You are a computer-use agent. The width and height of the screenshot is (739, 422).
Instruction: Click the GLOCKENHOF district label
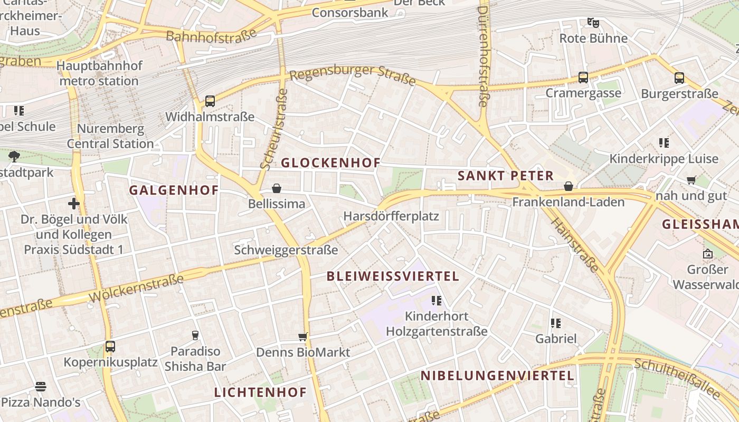[x=330, y=162]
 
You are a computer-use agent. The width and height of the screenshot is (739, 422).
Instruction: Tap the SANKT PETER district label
[x=506, y=176]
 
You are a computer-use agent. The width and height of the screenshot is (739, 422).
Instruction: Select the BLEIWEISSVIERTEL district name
[x=393, y=276]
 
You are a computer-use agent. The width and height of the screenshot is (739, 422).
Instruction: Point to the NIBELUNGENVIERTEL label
[x=497, y=376]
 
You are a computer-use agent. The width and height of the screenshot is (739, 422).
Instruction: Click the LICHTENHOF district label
[x=260, y=392]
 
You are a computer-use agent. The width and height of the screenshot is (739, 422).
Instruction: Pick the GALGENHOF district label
[x=174, y=190]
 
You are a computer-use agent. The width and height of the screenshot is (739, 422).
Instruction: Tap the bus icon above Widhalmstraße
[x=210, y=101]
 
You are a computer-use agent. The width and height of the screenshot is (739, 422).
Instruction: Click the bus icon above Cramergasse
[x=583, y=78]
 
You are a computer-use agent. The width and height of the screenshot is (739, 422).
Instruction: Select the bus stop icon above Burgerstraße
[x=679, y=78]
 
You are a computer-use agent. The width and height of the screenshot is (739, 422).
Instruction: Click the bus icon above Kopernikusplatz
[x=110, y=347]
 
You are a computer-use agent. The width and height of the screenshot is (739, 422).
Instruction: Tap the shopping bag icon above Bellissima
[x=276, y=188]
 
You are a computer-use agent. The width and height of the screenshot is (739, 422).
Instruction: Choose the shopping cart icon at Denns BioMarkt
[x=303, y=337]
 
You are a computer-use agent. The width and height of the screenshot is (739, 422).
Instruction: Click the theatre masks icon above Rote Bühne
[x=593, y=23]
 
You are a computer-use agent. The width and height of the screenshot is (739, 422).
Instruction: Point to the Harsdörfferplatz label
[x=391, y=216]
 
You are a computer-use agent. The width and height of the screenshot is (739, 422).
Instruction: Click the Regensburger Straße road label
[x=353, y=74]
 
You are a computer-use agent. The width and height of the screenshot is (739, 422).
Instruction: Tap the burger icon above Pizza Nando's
[x=41, y=387]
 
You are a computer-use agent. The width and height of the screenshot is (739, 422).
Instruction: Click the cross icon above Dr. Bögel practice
[x=74, y=204]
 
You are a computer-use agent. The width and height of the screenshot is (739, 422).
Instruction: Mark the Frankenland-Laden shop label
[x=569, y=202]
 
